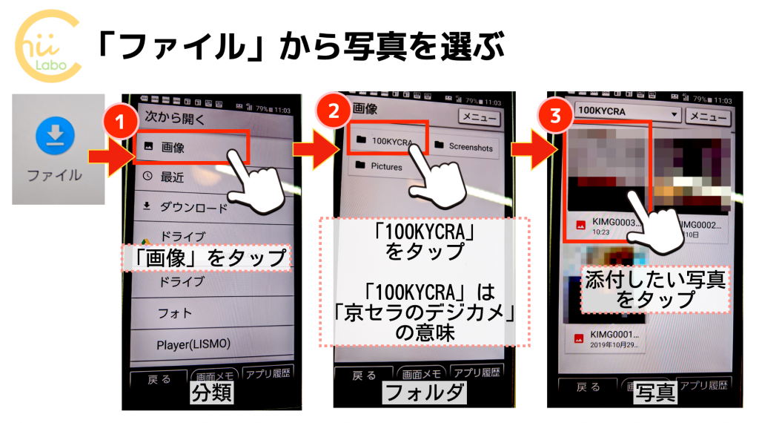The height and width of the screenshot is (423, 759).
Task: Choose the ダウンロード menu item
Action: coord(194,208)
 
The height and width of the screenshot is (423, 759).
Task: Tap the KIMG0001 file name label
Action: coord(615,335)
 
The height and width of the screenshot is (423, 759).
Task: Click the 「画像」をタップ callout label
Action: coord(204,258)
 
